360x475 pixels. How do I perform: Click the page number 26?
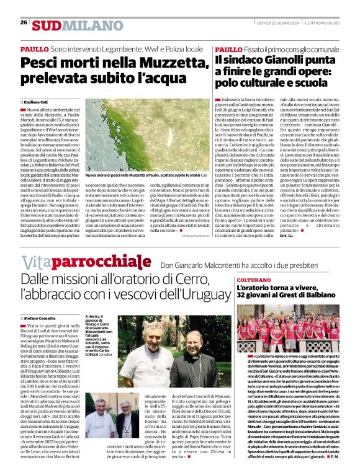coord(24,23)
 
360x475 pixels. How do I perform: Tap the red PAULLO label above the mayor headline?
coord(228,48)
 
